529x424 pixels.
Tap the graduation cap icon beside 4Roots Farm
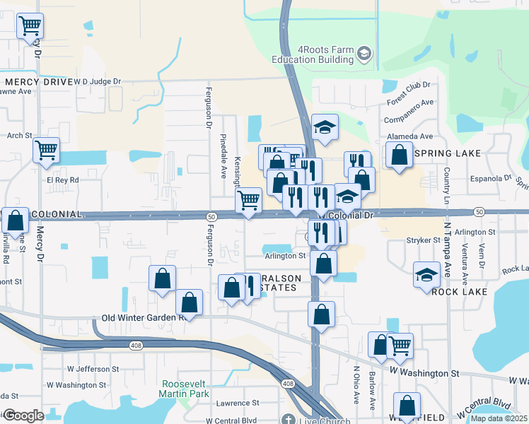pyautogui.click(x=364, y=54)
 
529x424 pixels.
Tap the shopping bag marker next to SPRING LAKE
pyautogui.click(x=399, y=154)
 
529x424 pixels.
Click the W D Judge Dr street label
pyautogui.click(x=98, y=81)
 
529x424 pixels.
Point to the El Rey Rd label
pyautogui.click(x=63, y=180)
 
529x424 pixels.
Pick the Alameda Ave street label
pyautogui.click(x=409, y=136)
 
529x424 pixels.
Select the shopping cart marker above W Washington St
pyautogui.click(x=400, y=345)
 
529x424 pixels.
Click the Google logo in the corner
pyautogui.click(x=24, y=416)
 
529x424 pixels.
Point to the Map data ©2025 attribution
pyautogui.click(x=499, y=418)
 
